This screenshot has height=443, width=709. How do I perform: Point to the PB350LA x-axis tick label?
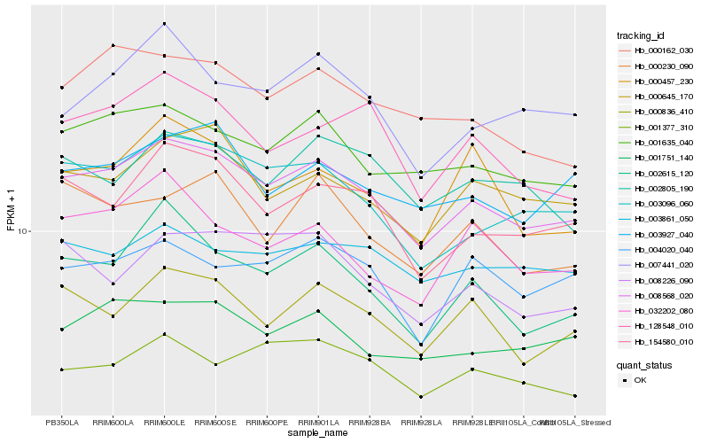pyautogui.click(x=62, y=422)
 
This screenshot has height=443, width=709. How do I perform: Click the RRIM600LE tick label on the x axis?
pyautogui.click(x=165, y=422)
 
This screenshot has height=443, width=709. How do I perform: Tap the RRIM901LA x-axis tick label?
pyautogui.click(x=318, y=422)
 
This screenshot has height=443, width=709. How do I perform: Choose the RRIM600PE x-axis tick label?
pyautogui.click(x=267, y=422)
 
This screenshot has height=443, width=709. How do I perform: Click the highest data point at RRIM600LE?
pyautogui.click(x=165, y=24)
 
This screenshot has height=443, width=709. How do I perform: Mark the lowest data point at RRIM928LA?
pyautogui.click(x=421, y=397)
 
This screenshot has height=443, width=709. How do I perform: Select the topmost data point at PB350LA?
pyautogui.click(x=62, y=88)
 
